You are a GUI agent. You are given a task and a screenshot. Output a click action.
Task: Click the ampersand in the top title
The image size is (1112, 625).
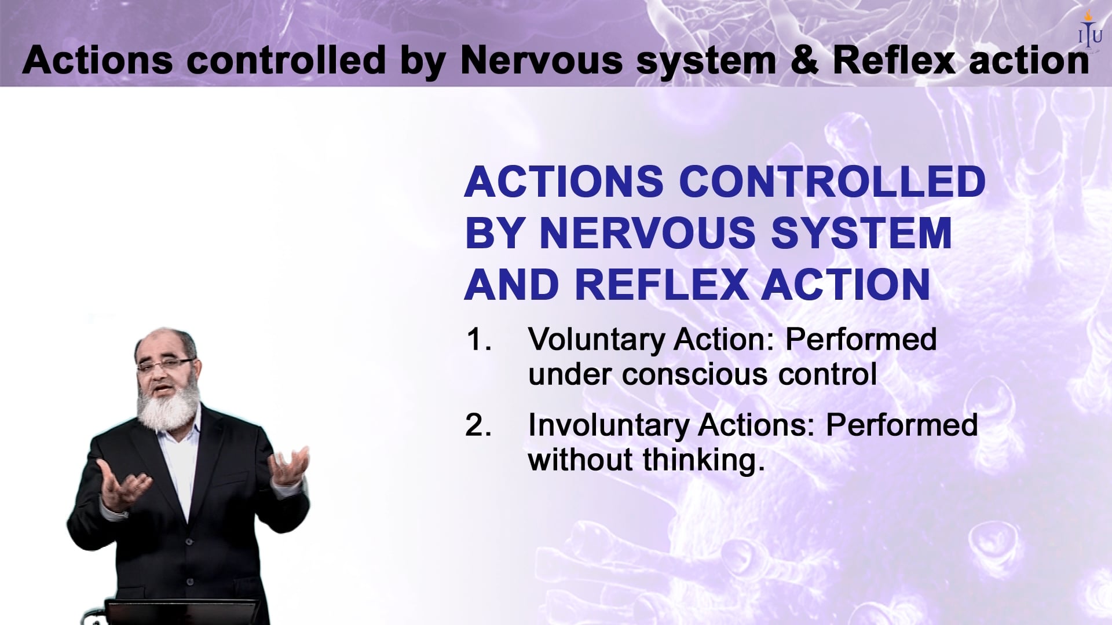(x=804, y=60)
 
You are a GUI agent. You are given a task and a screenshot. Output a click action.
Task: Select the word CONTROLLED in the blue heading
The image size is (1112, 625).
(x=832, y=182)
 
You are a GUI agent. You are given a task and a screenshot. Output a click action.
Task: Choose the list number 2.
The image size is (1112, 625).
(x=478, y=425)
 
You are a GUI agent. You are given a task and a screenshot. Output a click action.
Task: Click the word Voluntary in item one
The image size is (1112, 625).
(x=596, y=340)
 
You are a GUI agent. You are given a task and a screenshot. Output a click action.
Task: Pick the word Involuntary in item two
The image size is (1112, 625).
(x=609, y=425)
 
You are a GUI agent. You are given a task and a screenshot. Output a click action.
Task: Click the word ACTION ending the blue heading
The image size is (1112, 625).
(x=845, y=285)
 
